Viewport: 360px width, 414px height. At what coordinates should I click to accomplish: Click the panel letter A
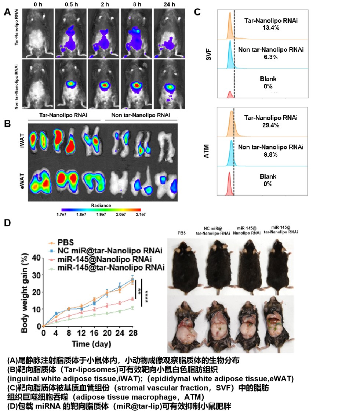click(x=7, y=11)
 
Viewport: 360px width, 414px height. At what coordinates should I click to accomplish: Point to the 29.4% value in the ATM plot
click(x=271, y=126)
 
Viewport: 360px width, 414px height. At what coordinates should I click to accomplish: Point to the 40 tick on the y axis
click(x=35, y=258)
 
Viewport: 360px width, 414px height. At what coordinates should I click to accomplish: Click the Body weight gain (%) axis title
click(x=25, y=292)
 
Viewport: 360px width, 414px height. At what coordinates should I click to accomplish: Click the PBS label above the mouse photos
click(x=182, y=233)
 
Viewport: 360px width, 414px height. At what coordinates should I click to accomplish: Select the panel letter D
click(x=7, y=223)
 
